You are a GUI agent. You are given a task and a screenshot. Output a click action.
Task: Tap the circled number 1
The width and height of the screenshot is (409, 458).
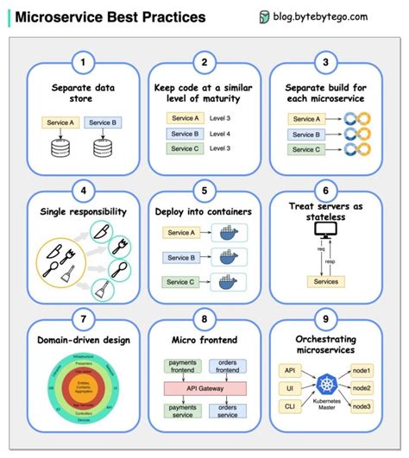pyautogui.click(x=82, y=62)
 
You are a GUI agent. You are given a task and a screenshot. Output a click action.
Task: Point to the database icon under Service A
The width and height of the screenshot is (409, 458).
pyautogui.click(x=60, y=149)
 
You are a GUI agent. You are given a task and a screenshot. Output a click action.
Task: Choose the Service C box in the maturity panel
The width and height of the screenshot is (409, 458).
pyautogui.click(x=184, y=149)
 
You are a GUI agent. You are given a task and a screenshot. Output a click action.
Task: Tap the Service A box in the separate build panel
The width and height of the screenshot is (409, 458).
pyautogui.click(x=305, y=119)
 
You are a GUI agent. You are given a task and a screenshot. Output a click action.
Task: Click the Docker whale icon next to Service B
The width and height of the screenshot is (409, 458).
pyautogui.click(x=230, y=256)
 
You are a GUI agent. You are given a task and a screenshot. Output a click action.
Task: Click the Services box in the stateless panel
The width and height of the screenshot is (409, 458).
pyautogui.click(x=325, y=282)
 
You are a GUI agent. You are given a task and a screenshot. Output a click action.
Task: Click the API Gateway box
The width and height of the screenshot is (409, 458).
pyautogui.click(x=204, y=389)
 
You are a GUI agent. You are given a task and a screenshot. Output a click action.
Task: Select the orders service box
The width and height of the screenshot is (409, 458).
pyautogui.click(x=229, y=411)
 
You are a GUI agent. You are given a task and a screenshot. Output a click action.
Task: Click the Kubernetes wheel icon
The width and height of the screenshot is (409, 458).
pyautogui.click(x=325, y=382)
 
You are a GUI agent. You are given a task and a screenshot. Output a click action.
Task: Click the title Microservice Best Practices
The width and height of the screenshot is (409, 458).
pyautogui.click(x=111, y=16)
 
